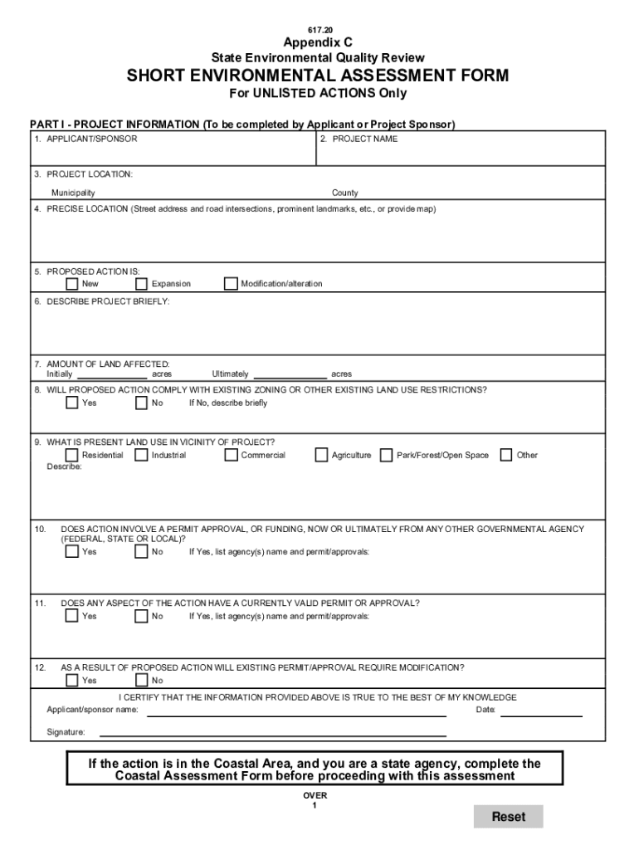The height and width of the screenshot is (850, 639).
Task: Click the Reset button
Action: coord(508,817)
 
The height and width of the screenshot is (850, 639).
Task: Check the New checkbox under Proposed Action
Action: coord(72,284)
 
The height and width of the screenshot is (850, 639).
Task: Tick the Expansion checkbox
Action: coord(141,284)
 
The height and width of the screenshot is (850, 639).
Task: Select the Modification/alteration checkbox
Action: coord(231,284)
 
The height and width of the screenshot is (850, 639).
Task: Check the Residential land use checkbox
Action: coord(72,455)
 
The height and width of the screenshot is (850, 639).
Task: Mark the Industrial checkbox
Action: coord(141,455)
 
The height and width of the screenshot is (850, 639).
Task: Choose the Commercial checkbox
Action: coord(231,455)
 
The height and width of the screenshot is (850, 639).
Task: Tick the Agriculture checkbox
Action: coord(321,455)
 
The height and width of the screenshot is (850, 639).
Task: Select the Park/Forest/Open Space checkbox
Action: coord(386,455)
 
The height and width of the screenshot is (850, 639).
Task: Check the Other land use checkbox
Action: coord(506,455)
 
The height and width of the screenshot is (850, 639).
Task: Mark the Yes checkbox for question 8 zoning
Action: coord(72,403)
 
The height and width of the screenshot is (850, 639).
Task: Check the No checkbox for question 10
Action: coord(141,552)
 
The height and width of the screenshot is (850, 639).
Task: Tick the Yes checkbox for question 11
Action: coord(72,616)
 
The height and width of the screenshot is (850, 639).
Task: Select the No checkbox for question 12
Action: coord(141,681)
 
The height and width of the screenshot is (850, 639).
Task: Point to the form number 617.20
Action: coord(319,29)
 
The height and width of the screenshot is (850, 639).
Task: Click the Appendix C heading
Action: coord(318,43)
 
